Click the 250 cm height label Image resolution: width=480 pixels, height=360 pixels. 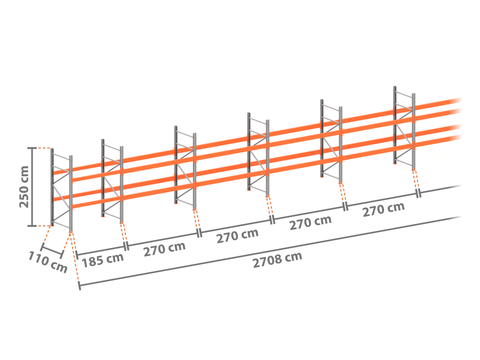coord(24,187)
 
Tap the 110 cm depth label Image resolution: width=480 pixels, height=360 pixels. coord(48,262)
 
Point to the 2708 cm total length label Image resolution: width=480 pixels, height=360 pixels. coord(277,260)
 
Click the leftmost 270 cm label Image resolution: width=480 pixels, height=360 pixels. coord(164,248)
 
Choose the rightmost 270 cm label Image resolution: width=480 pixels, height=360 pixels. coord(384,209)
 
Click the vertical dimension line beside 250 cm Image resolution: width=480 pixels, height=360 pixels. coord(32,187)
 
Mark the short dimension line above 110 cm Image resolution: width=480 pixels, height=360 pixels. coord(52,252)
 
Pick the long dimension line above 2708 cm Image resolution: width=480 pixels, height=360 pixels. coord(270,251)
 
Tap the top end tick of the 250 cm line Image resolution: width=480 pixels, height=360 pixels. coord(32,148)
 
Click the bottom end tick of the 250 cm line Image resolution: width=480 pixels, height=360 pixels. coord(32,226)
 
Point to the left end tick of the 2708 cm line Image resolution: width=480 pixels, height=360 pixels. coord(79,286)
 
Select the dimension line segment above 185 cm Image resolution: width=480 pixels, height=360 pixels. coord(101,251)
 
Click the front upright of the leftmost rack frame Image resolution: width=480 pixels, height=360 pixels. coord(71,193)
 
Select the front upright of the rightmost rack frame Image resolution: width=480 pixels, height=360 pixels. coord(414,131)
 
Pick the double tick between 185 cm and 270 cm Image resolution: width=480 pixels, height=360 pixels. coord(126,246)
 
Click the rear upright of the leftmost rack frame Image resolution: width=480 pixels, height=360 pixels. coord(52,187)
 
